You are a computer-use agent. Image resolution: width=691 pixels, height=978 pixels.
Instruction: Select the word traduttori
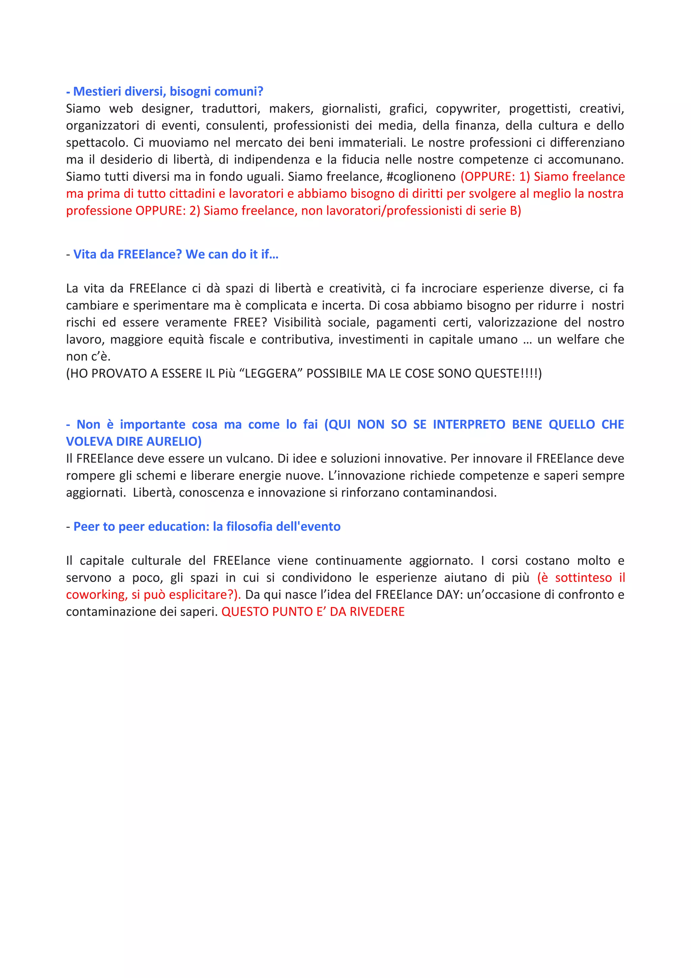coord(230,109)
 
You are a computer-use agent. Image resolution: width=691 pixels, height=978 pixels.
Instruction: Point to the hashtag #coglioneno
coord(421,176)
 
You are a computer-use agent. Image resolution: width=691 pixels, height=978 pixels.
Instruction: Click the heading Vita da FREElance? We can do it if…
coord(175,254)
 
